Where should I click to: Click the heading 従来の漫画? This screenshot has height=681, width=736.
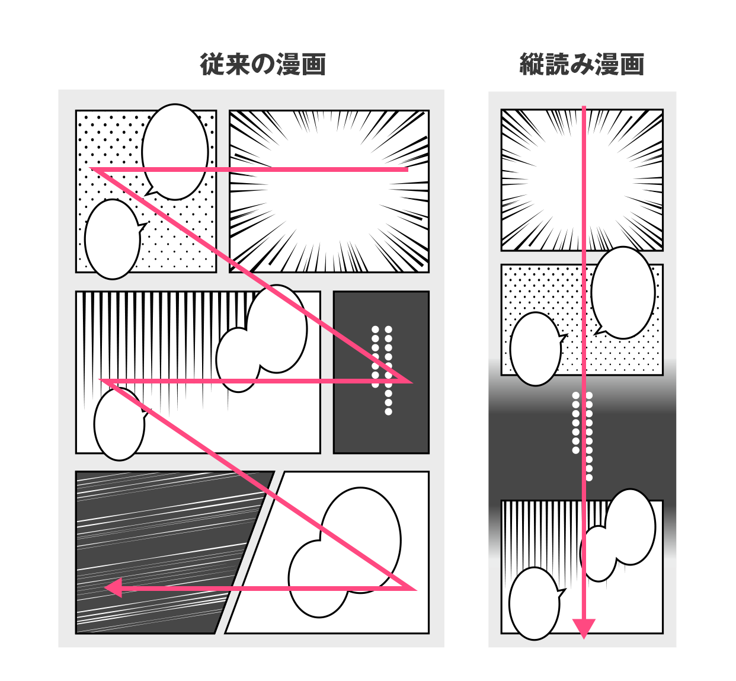(263, 65)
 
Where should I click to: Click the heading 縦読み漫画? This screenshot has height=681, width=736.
(581, 65)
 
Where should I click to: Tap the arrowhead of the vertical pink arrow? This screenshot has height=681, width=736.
(584, 628)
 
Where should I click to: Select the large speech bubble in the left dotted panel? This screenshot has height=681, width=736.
(175, 152)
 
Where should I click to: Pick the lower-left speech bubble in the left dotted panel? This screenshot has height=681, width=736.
(113, 239)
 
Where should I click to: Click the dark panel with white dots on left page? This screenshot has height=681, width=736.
(382, 372)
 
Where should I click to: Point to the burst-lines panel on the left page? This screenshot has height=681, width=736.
(329, 191)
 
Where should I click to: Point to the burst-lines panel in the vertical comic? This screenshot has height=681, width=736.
(582, 180)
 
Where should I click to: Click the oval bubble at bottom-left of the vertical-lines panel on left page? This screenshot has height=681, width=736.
(120, 424)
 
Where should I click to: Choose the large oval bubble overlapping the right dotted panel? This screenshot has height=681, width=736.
(623, 293)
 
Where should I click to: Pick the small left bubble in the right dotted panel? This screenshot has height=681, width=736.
(536, 349)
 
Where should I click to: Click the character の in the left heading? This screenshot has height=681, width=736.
(263, 65)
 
